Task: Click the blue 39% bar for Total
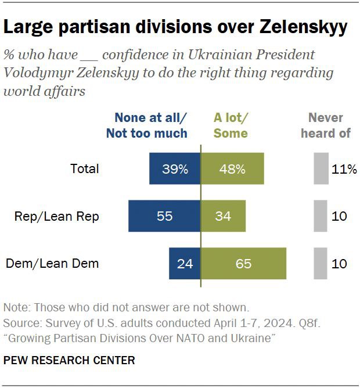pos(174,169)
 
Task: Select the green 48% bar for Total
pos(232,169)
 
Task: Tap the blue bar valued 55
pos(164,216)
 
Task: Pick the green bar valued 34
pos(223,216)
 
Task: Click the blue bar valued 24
pos(185,263)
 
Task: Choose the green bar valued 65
pos(243,263)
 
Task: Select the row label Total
pos(85,169)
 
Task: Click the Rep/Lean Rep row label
pos(57,217)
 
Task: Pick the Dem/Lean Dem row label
pos(52,264)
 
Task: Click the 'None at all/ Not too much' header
pos(147,125)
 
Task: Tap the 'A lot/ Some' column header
pos(231,125)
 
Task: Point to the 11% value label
pos(344,169)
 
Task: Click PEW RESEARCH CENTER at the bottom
pos(69,361)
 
